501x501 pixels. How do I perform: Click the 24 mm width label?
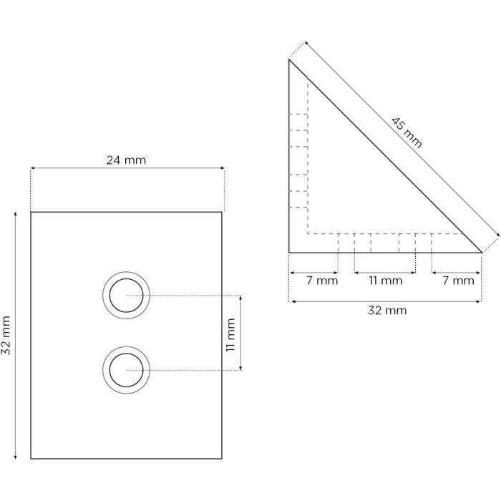pyautogui.click(x=126, y=160)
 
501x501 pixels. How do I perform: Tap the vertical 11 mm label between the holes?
pyautogui.click(x=230, y=333)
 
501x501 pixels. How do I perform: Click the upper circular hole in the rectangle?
pyautogui.click(x=127, y=295)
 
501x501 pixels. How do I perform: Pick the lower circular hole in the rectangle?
pyautogui.click(x=127, y=370)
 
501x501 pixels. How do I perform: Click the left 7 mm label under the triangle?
pyautogui.click(x=312, y=281)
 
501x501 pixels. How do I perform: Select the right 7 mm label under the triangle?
pyautogui.click(x=458, y=281)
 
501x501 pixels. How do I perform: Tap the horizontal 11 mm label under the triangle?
pyautogui.click(x=385, y=281)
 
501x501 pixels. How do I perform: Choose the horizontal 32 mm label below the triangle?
pyautogui.click(x=386, y=311)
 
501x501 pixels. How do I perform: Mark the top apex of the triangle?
pyautogui.click(x=289, y=60)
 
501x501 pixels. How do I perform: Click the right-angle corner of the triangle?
pyautogui.click(x=289, y=253)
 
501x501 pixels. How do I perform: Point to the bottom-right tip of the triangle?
pyautogui.click(x=481, y=253)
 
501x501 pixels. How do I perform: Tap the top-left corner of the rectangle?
pyautogui.click(x=31, y=212)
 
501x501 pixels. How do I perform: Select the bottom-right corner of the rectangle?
pyautogui.click(x=221, y=459)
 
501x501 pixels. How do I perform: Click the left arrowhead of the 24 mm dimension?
pyautogui.click(x=32, y=170)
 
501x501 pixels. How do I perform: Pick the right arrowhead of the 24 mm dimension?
pyautogui.click(x=223, y=170)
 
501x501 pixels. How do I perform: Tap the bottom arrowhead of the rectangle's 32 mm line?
pyautogui.click(x=16, y=457)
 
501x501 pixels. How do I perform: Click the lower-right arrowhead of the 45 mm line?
pyautogui.click(x=495, y=235)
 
